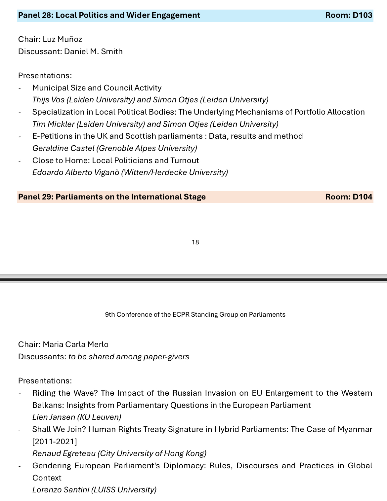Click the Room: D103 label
349,15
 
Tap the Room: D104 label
349,197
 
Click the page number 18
195,242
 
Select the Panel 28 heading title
109,15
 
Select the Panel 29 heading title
112,197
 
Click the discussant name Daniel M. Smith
93,52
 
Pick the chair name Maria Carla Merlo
76,344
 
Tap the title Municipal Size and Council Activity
97,88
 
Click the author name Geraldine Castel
64,148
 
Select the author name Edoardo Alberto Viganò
76,172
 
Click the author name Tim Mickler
53,124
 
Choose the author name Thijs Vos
48,100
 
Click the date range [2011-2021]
55,441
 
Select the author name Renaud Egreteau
64,453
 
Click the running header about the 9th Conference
195,314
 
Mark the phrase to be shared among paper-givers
129,357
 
